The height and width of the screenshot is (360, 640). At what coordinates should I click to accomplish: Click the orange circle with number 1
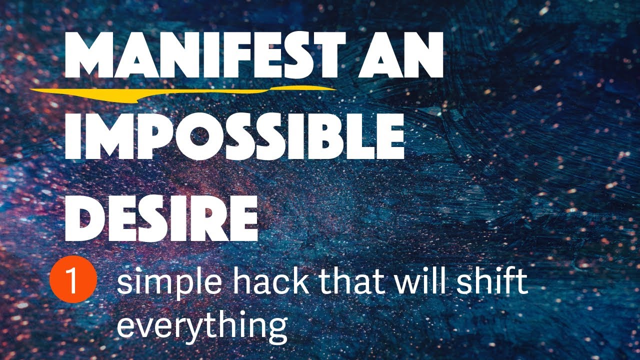tap(73, 282)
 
